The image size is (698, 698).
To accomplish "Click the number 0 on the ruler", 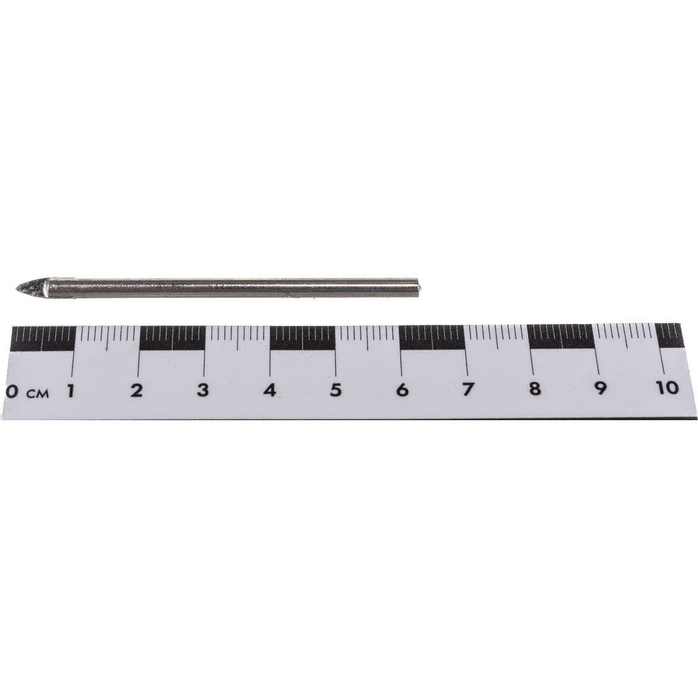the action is click(12, 392).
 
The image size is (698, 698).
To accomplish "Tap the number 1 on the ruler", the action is click(70, 390).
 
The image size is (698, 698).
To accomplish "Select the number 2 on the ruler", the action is click(137, 390).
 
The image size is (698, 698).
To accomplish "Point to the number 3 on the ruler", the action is click(203, 390).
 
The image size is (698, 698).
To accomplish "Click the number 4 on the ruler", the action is click(269, 390).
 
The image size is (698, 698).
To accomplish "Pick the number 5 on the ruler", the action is click(336, 390).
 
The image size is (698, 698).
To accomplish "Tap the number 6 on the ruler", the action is click(402, 390).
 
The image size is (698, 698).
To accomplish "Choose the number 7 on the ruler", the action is click(468, 389).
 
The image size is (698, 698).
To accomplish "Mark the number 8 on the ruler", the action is click(535, 389).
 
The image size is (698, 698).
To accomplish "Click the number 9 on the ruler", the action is click(600, 388).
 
